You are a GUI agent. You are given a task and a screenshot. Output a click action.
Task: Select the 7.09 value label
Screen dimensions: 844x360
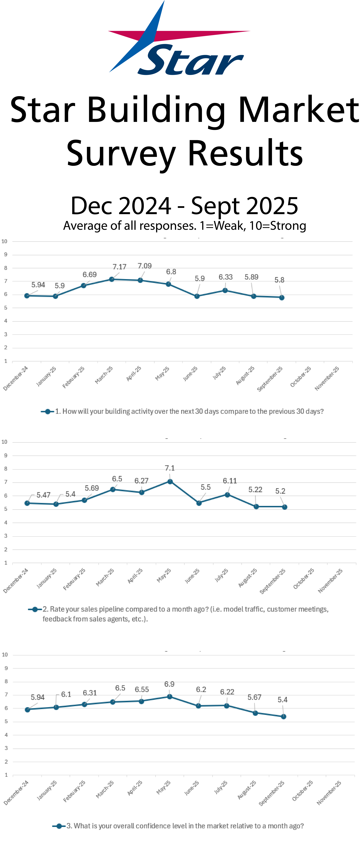[x=144, y=266]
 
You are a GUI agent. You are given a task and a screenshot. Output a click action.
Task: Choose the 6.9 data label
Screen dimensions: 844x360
[x=169, y=684]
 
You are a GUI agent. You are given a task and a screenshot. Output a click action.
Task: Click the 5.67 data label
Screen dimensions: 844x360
[x=254, y=697]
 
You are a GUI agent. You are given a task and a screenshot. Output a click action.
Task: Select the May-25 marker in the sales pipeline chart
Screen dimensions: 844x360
[x=170, y=482]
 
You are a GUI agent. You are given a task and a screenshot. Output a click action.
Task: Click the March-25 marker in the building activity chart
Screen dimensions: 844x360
[x=112, y=279]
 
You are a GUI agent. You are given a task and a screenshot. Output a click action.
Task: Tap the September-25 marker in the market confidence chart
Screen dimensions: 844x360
[x=284, y=717]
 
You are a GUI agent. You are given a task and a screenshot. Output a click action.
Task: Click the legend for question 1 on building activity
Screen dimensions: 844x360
[x=182, y=412]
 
